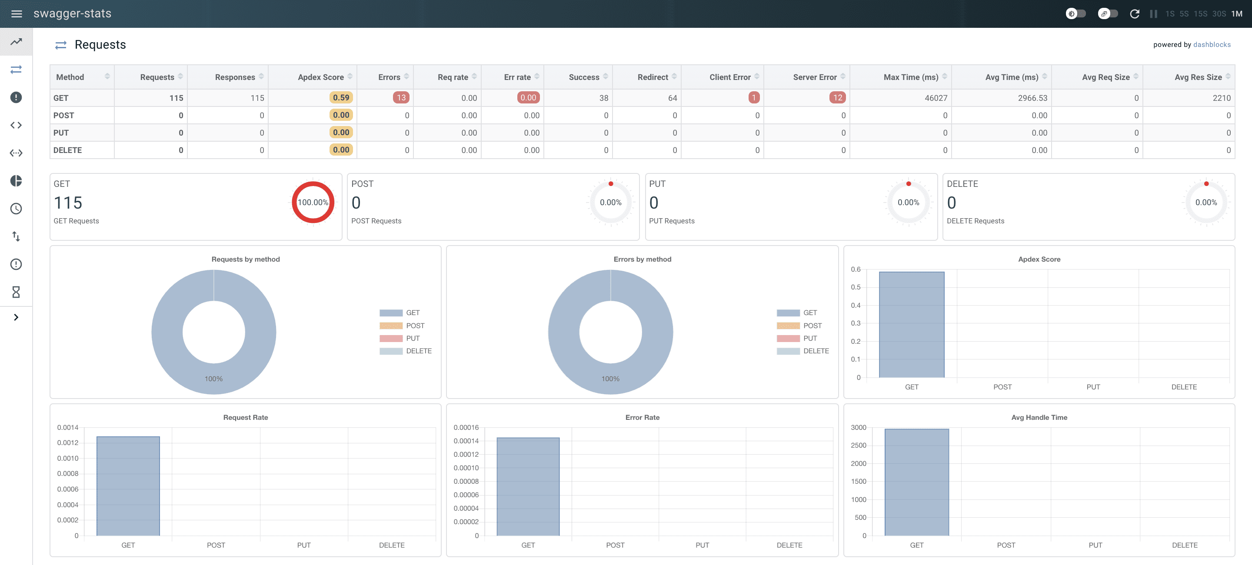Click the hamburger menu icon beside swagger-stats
click(17, 13)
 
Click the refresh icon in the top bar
click(1134, 13)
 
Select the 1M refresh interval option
click(1237, 13)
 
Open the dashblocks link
click(1212, 45)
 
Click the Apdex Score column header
click(321, 77)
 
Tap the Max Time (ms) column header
click(911, 77)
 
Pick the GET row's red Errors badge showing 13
click(401, 98)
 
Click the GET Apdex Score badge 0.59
click(341, 98)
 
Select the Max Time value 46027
click(936, 98)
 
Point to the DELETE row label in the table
click(67, 150)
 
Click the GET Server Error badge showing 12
click(837, 98)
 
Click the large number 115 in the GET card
click(68, 203)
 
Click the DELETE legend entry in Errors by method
click(802, 351)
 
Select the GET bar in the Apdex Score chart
click(912, 325)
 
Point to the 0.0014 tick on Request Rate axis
click(67, 428)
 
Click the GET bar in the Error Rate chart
click(528, 487)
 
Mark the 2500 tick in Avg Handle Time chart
click(858, 445)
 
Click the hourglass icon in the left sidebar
click(16, 292)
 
